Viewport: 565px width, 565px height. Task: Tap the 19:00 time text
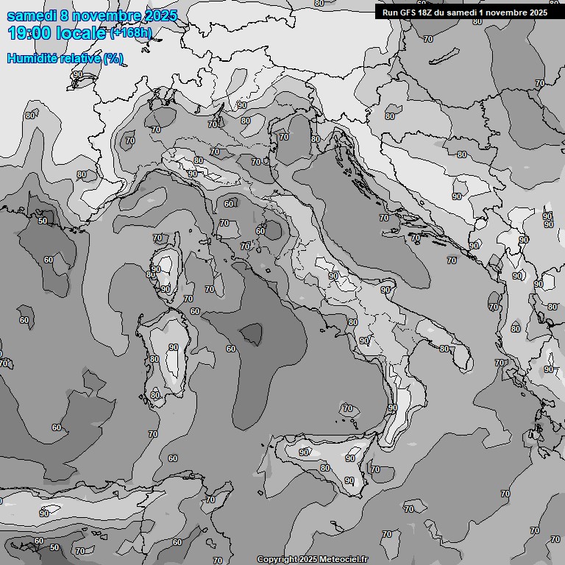29,33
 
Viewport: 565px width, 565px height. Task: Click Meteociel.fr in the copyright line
344,559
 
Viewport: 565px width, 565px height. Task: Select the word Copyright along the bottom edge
277,559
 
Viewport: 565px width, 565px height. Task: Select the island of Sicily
327,460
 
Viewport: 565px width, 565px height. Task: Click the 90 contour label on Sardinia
174,347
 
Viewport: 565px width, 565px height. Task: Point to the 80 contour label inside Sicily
324,468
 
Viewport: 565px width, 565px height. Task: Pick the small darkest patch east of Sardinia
251,334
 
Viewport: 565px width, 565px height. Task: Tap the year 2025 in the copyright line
308,559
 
